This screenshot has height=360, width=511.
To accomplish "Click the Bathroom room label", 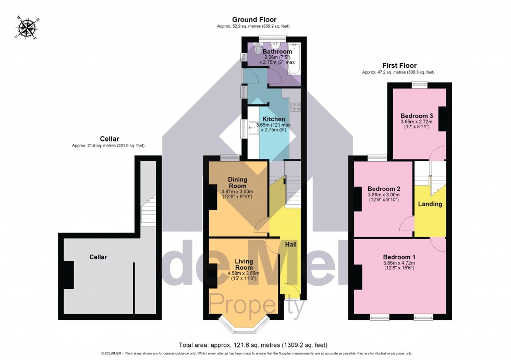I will tap(277, 52).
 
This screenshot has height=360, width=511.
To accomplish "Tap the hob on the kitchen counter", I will tap(296, 107).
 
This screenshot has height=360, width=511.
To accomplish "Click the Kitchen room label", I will tap(273, 119).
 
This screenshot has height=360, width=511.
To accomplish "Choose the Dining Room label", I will tap(237, 183).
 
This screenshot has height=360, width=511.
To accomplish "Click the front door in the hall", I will tap(288, 290).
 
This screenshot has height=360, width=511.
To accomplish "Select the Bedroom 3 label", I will tap(417, 115).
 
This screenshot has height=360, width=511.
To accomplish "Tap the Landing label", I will tap(430, 204).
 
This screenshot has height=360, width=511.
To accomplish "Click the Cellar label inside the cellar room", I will tap(98, 257).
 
